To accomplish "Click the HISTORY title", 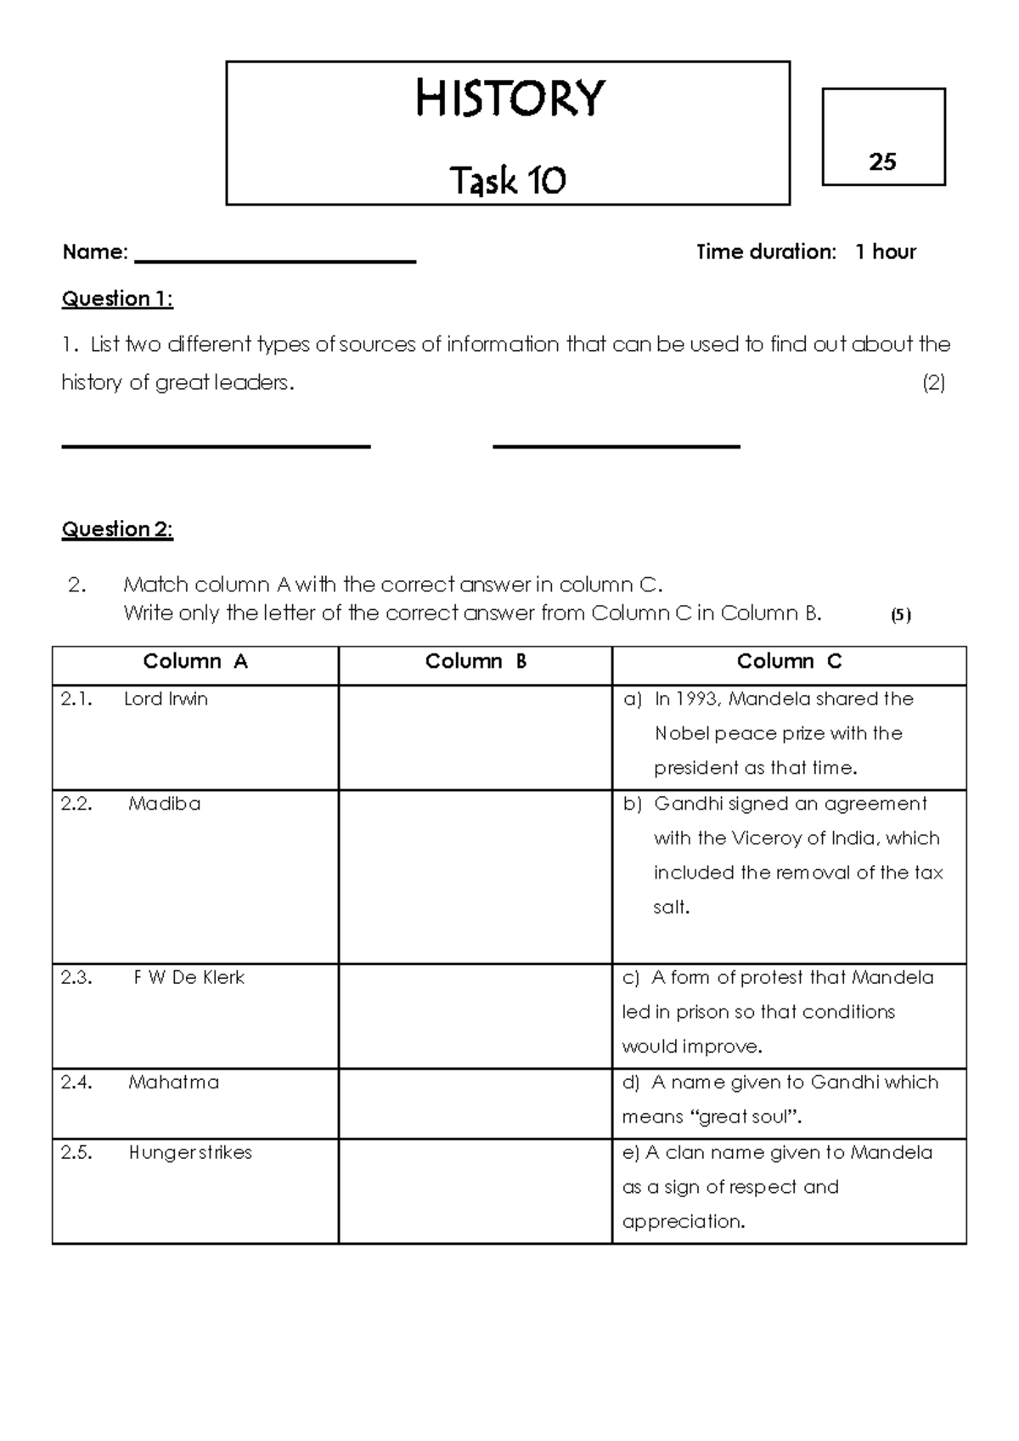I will click(509, 99).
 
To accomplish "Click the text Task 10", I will click(508, 180).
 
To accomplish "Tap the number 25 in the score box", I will click(882, 161).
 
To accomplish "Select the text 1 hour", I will click(885, 251).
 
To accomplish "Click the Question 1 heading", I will click(117, 298).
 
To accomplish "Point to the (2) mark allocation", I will click(933, 382).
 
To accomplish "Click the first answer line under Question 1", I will click(216, 444).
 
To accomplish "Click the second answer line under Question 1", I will click(616, 444).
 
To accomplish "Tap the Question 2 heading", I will click(117, 529).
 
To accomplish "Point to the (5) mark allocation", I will click(900, 615).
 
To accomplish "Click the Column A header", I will click(195, 661).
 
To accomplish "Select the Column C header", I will click(789, 661).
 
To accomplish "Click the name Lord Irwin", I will click(166, 698).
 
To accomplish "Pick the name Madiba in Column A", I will click(164, 804).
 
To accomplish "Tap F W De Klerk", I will click(189, 977).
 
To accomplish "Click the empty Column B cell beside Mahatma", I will click(475, 1103).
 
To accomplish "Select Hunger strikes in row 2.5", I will click(190, 1152).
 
